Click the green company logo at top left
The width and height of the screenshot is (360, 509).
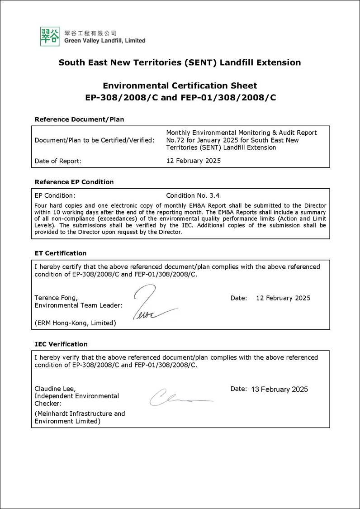tap(50, 36)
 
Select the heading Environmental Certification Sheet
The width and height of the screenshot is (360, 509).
tap(180, 86)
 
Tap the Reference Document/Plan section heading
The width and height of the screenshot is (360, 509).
tap(79, 119)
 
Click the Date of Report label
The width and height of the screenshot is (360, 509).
tap(58, 161)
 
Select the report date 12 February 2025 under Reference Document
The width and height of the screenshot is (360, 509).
tap(194, 161)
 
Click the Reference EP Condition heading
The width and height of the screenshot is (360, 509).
tap(74, 182)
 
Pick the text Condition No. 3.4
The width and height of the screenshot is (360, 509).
tap(193, 195)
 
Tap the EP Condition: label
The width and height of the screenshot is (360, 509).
tap(55, 195)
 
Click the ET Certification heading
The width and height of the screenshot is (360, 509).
tap(60, 253)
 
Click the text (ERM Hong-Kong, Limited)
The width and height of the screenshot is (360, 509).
tap(75, 323)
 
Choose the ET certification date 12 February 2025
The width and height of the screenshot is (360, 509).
tap(283, 298)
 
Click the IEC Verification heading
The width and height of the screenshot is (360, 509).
tap(61, 344)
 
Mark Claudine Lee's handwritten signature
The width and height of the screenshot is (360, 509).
tap(179, 398)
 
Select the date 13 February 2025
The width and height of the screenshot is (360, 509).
tap(279, 389)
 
